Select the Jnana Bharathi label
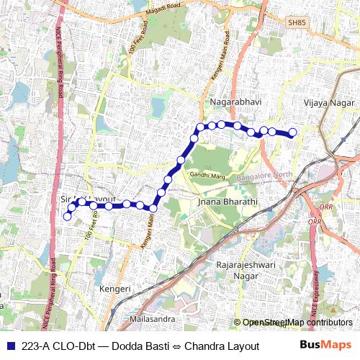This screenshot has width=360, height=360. pyautogui.click(x=227, y=202)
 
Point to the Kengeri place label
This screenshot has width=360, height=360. pyautogui.click(x=115, y=289)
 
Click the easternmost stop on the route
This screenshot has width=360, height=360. pyautogui.click(x=293, y=132)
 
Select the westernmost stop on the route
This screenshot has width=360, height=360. pyautogui.click(x=68, y=216)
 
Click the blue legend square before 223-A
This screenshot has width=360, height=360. pyautogui.click(x=12, y=346)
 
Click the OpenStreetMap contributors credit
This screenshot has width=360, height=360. pyautogui.click(x=297, y=323)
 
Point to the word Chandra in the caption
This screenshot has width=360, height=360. pyautogui.click(x=204, y=346)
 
